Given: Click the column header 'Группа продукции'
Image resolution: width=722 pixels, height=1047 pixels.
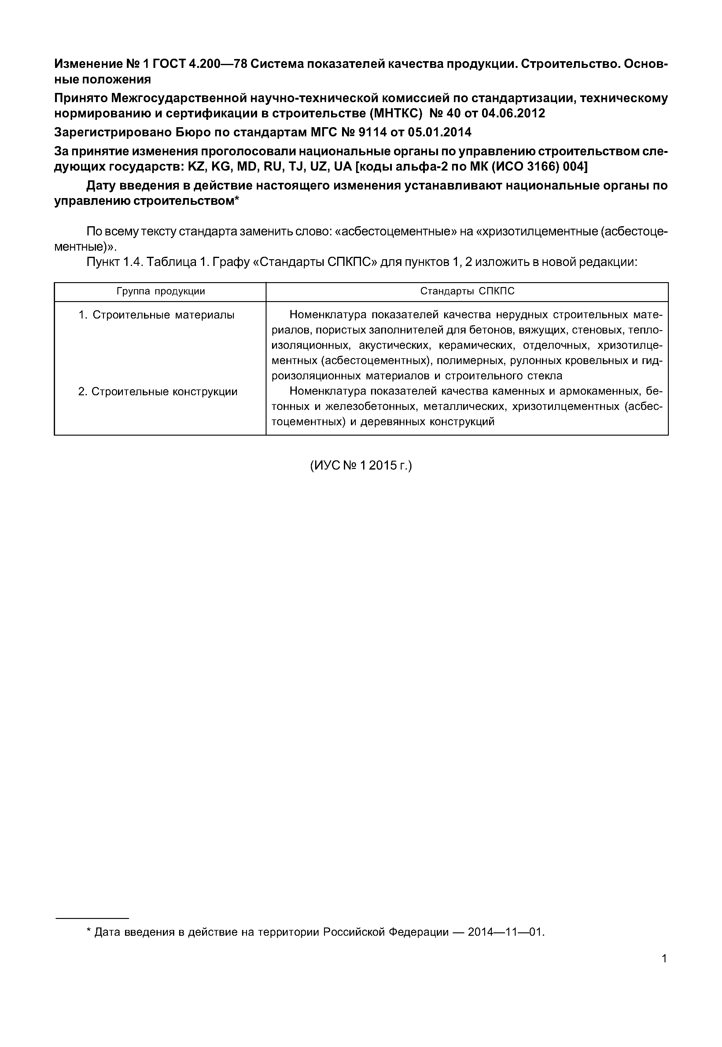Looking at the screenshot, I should (160, 291).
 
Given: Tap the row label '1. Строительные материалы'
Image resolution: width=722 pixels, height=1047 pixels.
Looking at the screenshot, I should (157, 315).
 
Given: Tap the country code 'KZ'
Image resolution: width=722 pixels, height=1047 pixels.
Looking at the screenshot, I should (196, 167).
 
